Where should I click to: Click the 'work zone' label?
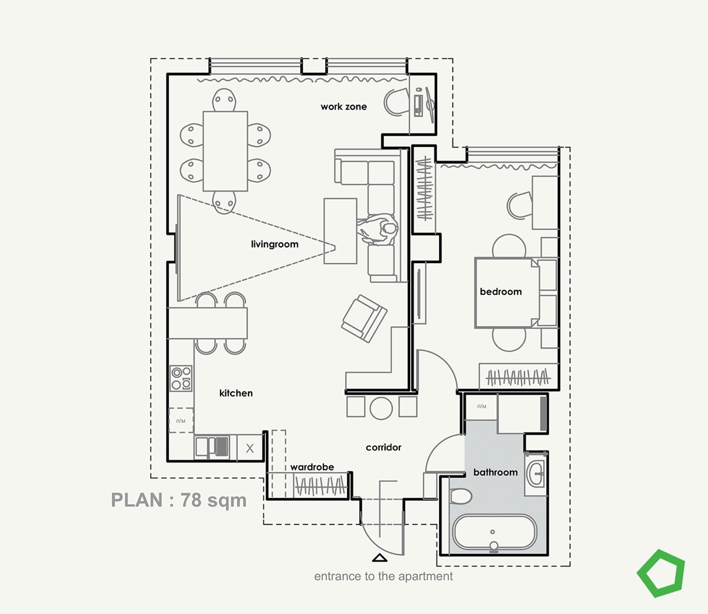[x=343, y=107]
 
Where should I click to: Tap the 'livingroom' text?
[x=275, y=244]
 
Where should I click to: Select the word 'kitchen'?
[x=236, y=393]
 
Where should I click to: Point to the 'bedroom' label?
[x=501, y=291]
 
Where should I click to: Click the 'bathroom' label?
[x=496, y=472]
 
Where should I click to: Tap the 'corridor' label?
[x=383, y=447]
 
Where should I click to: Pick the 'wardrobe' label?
[x=312, y=467]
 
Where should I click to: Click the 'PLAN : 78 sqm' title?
[x=179, y=500]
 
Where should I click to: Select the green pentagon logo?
[x=661, y=573]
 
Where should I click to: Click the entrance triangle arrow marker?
[x=379, y=558]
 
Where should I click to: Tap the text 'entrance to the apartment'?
[x=383, y=576]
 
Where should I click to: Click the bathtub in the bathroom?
[x=494, y=533]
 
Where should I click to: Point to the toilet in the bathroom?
[x=461, y=497]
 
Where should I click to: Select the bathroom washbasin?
[x=535, y=474]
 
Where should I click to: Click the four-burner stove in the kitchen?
[x=181, y=378]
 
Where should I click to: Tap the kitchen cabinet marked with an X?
[x=250, y=448]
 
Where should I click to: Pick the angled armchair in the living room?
[x=364, y=319]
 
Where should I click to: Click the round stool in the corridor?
[x=381, y=408]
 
